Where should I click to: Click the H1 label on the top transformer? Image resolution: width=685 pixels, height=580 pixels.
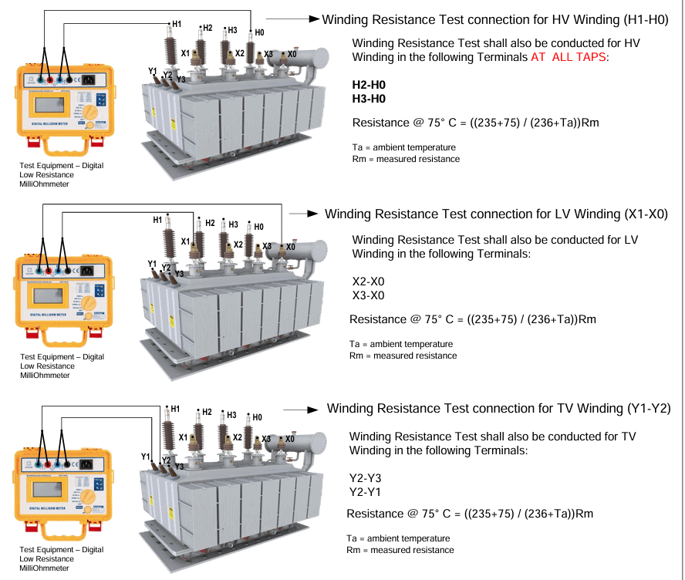(x=177, y=25)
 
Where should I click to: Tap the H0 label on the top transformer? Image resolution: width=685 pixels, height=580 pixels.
(x=259, y=32)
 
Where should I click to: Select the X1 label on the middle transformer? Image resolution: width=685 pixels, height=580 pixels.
(x=185, y=241)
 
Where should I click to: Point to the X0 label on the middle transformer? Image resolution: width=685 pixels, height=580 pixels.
(x=290, y=247)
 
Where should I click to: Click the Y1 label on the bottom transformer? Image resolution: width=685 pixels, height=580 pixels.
(x=146, y=457)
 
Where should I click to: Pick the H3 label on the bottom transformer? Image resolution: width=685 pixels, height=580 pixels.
(x=231, y=415)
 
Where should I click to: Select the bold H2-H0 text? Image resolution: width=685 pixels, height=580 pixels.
(x=368, y=85)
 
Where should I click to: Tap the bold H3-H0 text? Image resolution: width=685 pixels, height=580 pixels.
(x=368, y=99)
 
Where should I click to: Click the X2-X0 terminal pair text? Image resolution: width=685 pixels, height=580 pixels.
(x=368, y=282)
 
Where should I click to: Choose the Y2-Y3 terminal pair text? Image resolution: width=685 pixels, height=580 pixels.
(x=366, y=478)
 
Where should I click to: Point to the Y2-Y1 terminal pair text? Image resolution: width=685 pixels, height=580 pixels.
(x=366, y=492)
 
